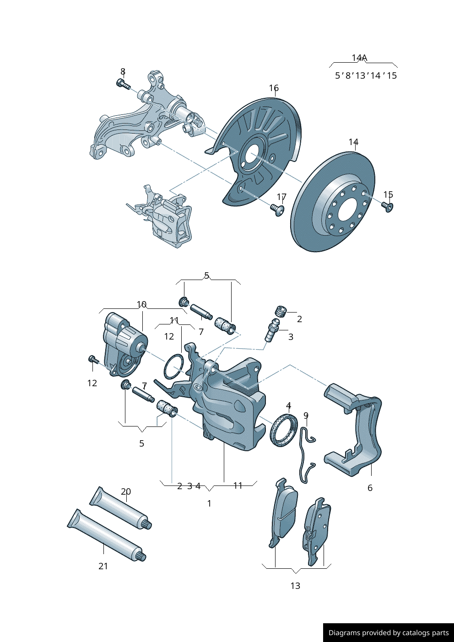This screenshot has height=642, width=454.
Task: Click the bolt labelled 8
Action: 123,84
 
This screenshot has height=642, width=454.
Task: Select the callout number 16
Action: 274,88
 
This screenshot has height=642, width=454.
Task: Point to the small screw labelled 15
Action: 388,208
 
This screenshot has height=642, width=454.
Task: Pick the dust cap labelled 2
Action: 281,311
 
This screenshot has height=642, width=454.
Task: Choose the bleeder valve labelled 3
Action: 271,332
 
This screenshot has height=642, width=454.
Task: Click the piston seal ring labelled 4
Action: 284,430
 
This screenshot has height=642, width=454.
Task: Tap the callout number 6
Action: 370,488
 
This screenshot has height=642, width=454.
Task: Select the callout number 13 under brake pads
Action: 295,586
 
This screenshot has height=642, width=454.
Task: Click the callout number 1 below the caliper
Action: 209,503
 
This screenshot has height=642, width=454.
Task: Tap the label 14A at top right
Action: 359,58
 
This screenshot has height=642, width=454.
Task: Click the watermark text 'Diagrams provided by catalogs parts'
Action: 389,633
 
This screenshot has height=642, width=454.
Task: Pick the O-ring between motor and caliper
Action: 174,367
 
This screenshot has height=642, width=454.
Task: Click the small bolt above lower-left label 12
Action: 92,360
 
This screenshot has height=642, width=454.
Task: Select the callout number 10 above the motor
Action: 141,304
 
